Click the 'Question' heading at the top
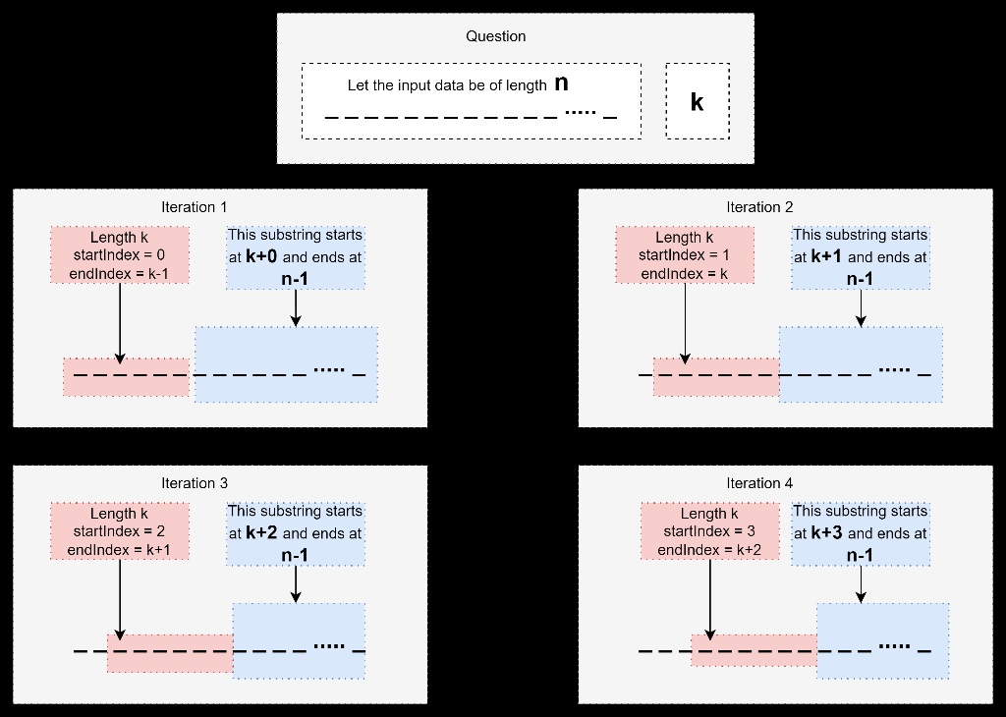coord(495,36)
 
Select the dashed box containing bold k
coord(697,101)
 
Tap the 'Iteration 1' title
coord(194,207)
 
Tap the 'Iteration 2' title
coord(759,207)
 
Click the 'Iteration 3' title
coord(194,483)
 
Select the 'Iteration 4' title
coord(759,483)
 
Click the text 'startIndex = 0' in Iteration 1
coord(119,255)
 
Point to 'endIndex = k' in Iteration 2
coord(685,274)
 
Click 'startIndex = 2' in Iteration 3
coord(119,531)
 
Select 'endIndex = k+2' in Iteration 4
coord(709,550)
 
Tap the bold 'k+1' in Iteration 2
coord(827,257)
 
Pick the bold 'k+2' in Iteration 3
coord(262,533)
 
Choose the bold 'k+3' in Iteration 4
coord(827,533)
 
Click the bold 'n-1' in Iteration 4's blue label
coord(860,555)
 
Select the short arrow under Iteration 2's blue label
coord(861,307)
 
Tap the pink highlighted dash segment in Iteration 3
coord(169,652)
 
